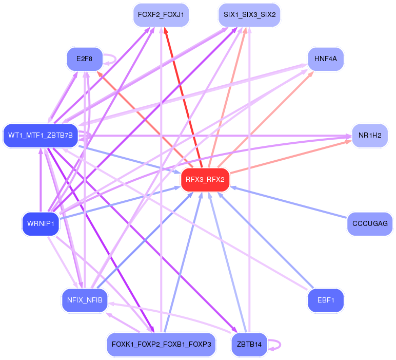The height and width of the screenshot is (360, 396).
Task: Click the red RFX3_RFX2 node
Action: (205, 179)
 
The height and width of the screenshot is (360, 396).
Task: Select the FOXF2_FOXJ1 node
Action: (161, 14)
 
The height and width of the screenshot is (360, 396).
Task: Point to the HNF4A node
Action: (325, 59)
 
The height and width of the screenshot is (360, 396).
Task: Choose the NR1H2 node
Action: (369, 136)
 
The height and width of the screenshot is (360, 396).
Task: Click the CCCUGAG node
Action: (370, 224)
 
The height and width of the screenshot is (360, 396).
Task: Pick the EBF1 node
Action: (326, 300)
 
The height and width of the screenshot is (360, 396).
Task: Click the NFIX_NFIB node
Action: (85, 300)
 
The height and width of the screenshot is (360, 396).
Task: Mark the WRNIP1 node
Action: (41, 224)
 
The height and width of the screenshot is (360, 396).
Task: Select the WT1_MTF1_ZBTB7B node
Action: (41, 136)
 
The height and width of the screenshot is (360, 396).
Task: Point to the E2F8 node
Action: (85, 59)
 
